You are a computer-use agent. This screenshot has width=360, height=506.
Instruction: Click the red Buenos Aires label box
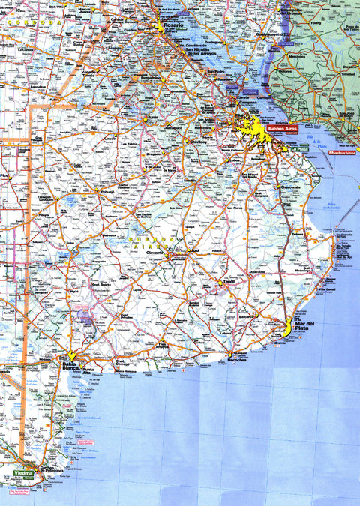pos(283,130)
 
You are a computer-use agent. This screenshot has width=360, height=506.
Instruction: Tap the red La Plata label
pos(300,148)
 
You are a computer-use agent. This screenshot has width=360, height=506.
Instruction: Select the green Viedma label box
pos(23,475)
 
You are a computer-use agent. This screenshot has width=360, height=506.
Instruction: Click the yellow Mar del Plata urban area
pos(284,329)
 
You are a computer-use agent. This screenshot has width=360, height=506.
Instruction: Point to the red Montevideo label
pos(342,152)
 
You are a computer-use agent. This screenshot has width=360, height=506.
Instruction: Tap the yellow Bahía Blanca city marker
pos(71,355)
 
